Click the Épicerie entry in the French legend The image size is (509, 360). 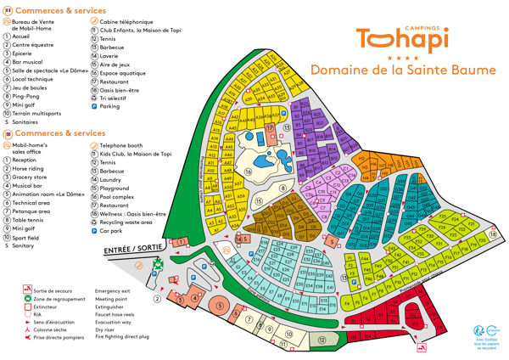(25, 53)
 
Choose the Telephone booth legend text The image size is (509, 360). (123, 146)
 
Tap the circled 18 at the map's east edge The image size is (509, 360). (493, 233)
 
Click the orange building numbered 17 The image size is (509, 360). (270, 127)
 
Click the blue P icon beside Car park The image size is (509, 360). (93, 230)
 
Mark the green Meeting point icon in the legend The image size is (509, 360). (27, 299)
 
